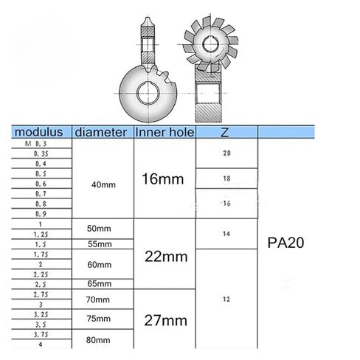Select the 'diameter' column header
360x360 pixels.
click(102, 133)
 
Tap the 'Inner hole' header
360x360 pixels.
click(163, 133)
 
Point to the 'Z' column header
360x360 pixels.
click(225, 133)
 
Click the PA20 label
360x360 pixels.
click(285, 241)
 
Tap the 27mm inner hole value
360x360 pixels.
click(164, 322)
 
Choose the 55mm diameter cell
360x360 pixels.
click(100, 244)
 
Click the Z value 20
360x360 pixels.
click(226, 153)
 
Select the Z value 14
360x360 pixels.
click(226, 233)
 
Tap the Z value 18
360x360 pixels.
click(226, 179)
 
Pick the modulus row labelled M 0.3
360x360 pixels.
click(36, 143)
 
